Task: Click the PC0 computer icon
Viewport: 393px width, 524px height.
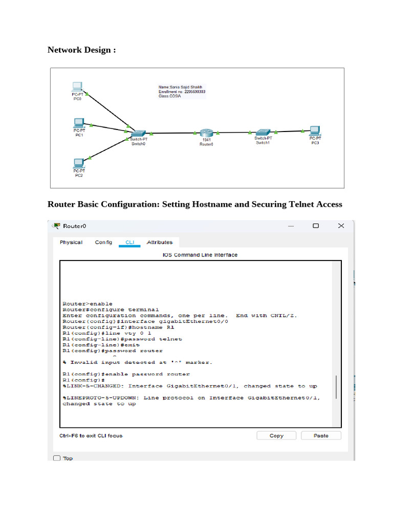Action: [x=77, y=86]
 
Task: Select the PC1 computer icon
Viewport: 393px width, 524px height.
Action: [x=78, y=122]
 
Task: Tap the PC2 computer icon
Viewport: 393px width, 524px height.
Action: [x=78, y=163]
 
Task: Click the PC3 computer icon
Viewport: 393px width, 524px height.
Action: [x=315, y=130]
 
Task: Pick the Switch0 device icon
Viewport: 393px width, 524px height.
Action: [x=137, y=133]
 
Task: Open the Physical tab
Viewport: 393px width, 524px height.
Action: [x=71, y=242]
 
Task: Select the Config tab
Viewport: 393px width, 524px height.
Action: [x=103, y=242]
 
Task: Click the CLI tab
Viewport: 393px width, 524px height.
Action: [x=129, y=242]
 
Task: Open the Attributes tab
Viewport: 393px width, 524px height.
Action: [x=160, y=242]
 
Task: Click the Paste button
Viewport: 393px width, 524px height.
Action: [x=321, y=435]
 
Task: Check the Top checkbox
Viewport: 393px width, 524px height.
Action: [x=57, y=458]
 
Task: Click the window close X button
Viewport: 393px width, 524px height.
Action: [x=341, y=226]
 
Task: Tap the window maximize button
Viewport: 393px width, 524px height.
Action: [x=316, y=226]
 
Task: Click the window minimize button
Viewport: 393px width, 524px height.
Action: [x=291, y=226]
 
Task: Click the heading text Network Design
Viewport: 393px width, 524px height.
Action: [x=81, y=50]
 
